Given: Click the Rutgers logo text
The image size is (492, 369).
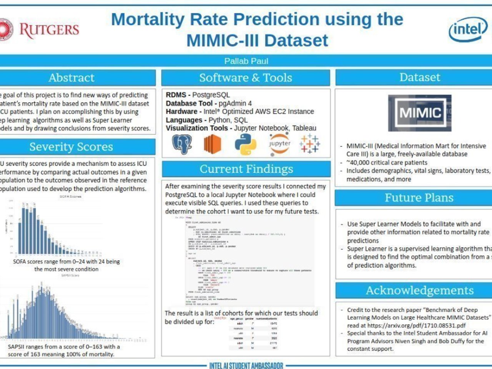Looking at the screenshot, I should tap(49, 30).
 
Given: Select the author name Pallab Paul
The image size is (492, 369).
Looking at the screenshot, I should tap(246, 61).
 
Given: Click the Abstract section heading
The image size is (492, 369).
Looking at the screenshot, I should tap(71, 78).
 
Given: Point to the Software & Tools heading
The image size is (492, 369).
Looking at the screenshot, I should tap(246, 78).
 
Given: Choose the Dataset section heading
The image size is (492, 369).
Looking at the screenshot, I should tap(420, 77).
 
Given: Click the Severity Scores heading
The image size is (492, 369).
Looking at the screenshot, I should tap(71, 147).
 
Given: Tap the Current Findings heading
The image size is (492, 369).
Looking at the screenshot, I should tap(246, 169).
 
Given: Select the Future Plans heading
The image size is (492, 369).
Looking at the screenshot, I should tap(419, 198).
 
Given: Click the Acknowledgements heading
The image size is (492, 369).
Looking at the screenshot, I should tap(419, 290).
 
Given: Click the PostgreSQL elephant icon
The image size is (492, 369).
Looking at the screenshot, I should tap(182, 145).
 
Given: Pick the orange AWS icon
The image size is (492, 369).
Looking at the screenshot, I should tap(213, 145).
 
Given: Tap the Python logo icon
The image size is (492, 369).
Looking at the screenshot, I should tap(245, 145).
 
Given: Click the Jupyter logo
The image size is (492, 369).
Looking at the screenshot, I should tap(279, 144).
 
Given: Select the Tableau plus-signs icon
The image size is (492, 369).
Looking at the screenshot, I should tap(309, 144).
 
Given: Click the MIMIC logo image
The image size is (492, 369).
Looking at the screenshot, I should tap(420, 113).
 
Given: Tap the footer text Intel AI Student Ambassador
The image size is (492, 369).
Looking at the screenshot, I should tap(246, 365).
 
